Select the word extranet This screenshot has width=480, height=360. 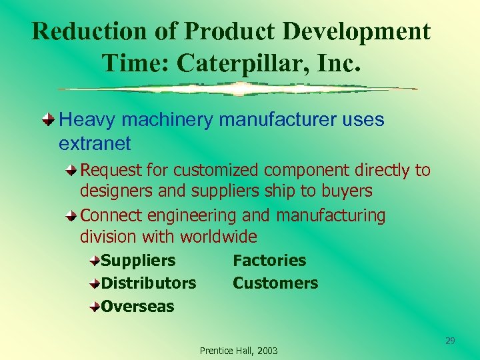[x=95, y=143]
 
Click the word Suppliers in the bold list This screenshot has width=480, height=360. [x=138, y=261]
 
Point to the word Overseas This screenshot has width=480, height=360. [x=137, y=307]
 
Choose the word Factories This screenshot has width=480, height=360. [x=269, y=261]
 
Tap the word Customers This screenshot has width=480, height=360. [x=275, y=283]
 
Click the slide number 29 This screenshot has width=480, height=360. [x=450, y=341]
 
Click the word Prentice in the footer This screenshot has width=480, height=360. [x=216, y=351]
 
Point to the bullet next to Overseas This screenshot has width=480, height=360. [x=95, y=307]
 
